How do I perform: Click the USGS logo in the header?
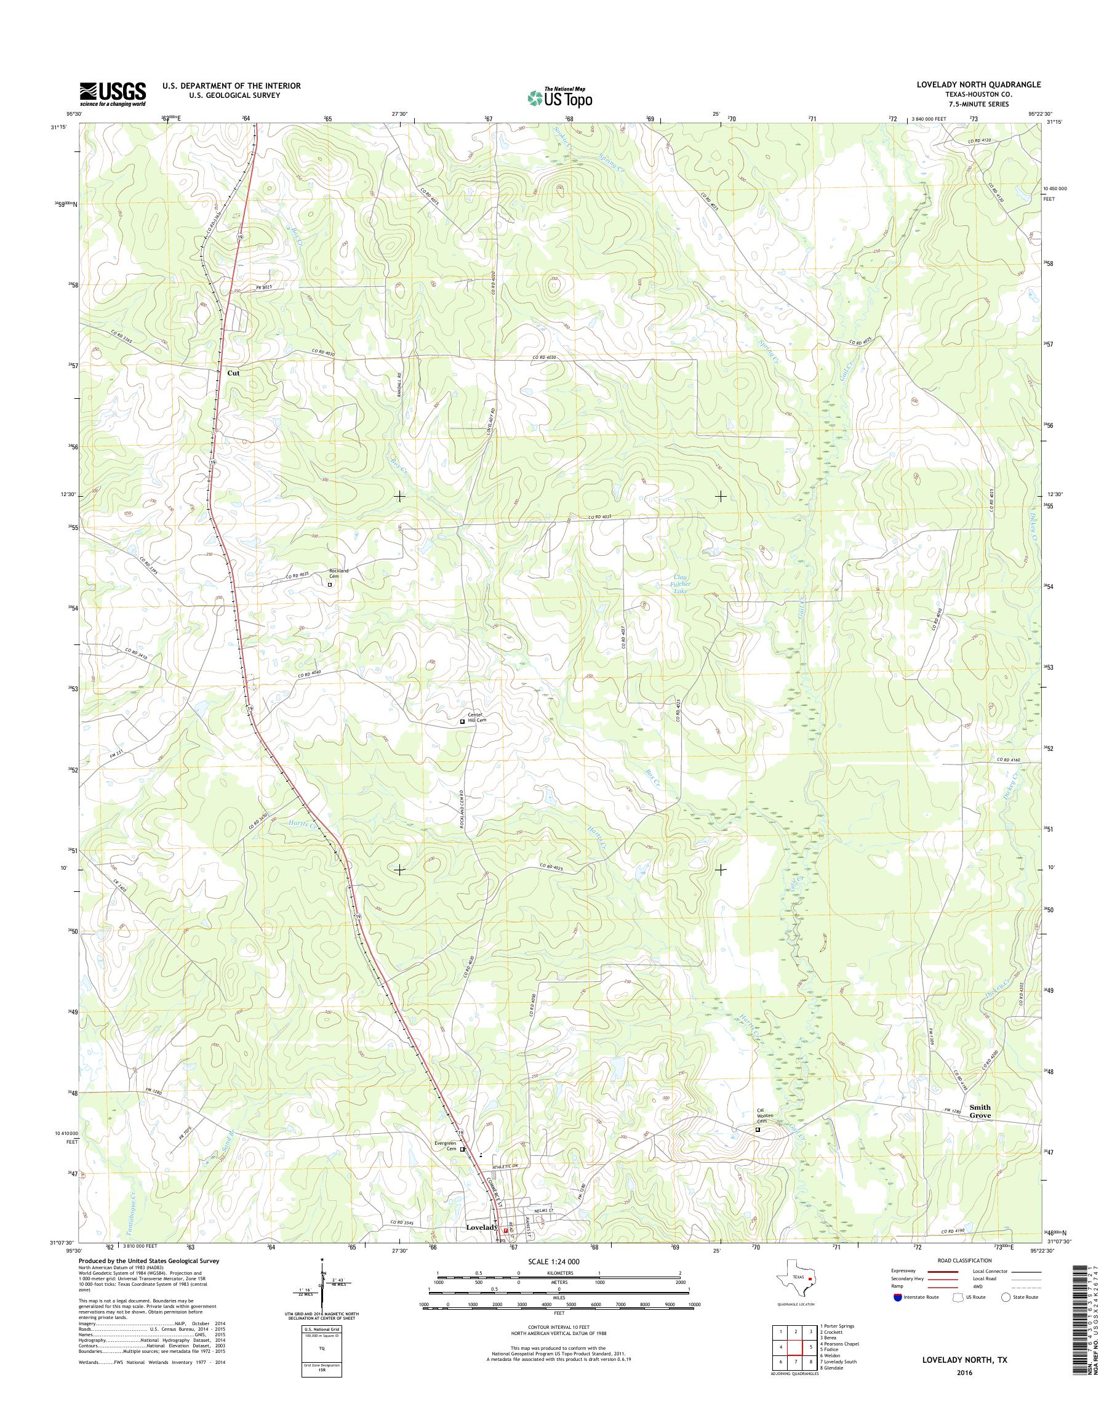pyautogui.click(x=112, y=94)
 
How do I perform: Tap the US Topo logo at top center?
pyautogui.click(x=559, y=97)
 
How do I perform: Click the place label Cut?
pyautogui.click(x=233, y=372)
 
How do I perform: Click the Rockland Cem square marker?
pyautogui.click(x=330, y=584)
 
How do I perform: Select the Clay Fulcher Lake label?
pyautogui.click(x=681, y=584)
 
